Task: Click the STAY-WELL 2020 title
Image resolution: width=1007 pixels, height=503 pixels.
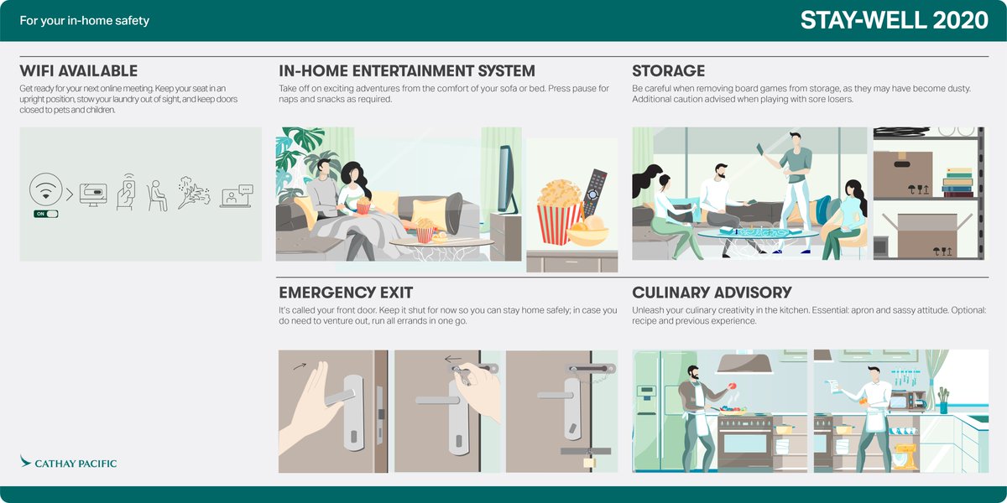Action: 895,21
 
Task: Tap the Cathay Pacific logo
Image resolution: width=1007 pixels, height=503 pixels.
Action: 68,463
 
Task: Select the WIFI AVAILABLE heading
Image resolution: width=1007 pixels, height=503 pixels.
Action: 78,71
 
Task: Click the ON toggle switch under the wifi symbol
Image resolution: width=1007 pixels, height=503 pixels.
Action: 46,214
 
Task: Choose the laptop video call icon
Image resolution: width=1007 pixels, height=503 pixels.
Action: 237,196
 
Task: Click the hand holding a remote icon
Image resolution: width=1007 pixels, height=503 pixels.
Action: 125,193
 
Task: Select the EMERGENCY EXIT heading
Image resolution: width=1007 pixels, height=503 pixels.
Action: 346,293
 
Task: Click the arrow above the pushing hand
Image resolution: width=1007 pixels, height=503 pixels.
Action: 299,366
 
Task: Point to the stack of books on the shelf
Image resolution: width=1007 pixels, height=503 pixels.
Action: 957,183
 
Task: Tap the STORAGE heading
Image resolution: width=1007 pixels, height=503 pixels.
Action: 668,71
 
